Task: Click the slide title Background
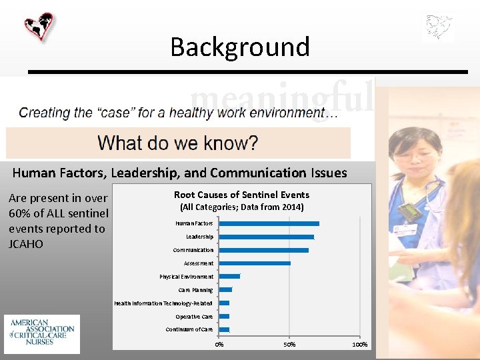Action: [x=240, y=47]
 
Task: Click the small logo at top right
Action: [x=439, y=28]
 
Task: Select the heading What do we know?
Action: [x=177, y=143]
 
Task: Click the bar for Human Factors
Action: [x=269, y=223]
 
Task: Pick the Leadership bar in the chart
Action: [x=266, y=237]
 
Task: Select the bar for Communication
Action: [x=263, y=250]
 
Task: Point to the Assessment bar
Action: [x=255, y=263]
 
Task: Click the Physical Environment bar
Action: [x=229, y=276]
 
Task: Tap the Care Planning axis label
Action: [x=195, y=290]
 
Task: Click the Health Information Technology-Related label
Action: [x=163, y=303]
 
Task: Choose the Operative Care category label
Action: [x=194, y=317]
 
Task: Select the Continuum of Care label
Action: [x=189, y=329]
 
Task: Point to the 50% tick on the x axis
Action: [x=289, y=344]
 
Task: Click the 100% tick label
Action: [x=359, y=344]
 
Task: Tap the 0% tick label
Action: [x=219, y=344]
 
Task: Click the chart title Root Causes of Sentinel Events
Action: [x=241, y=195]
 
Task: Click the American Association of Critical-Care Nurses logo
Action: [x=42, y=333]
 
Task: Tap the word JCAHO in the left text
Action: [x=26, y=244]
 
